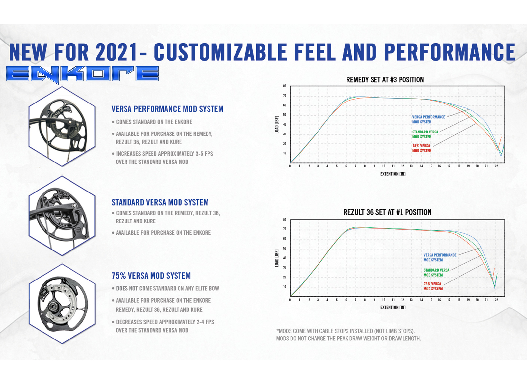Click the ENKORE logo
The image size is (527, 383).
point(82,74)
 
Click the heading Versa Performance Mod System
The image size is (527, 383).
point(167,109)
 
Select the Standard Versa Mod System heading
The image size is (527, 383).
point(160,202)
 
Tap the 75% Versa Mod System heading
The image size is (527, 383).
point(151,276)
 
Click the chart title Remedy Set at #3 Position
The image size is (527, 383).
point(385,80)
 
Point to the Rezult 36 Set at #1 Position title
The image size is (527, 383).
point(387,212)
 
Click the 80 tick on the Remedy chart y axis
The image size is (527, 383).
point(285,86)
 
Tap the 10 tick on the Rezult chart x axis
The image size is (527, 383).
point(384,300)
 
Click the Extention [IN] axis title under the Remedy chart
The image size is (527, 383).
point(393,174)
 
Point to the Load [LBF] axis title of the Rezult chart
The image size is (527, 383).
point(277,258)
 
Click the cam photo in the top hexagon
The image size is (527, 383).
point(62,126)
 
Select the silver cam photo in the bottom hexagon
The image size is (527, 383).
point(62,304)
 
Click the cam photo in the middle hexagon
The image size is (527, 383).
point(62,216)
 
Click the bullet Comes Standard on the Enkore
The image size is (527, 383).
point(154,122)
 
